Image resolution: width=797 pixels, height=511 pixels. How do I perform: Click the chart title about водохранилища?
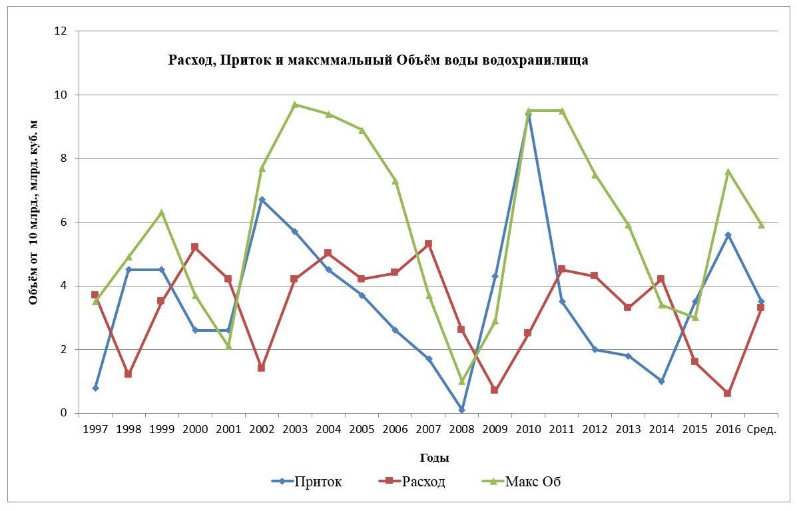[x=378, y=60]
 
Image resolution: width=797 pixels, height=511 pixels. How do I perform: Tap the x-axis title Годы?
[x=433, y=458]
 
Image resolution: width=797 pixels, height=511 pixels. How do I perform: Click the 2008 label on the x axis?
[x=461, y=429]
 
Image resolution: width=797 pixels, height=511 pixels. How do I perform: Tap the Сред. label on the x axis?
[x=762, y=429]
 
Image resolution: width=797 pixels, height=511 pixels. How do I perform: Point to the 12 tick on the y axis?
[x=61, y=31]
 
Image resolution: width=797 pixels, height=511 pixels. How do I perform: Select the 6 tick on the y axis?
[x=65, y=222]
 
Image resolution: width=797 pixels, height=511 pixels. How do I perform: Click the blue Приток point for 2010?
[x=528, y=114]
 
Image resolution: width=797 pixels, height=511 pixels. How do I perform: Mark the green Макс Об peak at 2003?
[x=295, y=105]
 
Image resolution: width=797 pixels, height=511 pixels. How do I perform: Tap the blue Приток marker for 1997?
[x=95, y=388]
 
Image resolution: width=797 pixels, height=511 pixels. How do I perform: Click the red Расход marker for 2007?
[x=428, y=244]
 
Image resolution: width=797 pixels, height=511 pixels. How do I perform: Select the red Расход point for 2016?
[x=728, y=394]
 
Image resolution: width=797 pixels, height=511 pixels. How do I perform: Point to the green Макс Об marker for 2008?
[x=461, y=381]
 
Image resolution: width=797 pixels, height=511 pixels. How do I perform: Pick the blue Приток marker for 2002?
[x=262, y=199]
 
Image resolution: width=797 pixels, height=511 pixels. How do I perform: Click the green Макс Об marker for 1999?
[x=162, y=213]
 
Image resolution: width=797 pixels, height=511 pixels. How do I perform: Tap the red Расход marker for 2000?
[x=195, y=247]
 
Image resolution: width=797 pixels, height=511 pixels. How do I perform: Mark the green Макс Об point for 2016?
[x=728, y=171]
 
